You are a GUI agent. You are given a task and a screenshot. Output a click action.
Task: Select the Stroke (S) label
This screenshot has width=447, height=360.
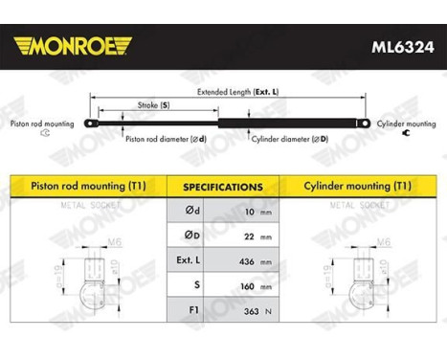click(x=152, y=103)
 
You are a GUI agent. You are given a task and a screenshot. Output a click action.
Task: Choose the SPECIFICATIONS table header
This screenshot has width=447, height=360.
click(x=223, y=187)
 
